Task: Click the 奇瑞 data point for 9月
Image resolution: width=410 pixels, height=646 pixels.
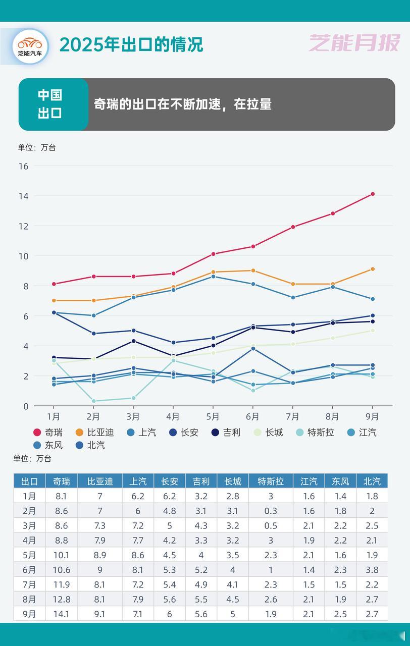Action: coord(373,194)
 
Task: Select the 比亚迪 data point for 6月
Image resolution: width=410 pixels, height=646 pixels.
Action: coord(253,271)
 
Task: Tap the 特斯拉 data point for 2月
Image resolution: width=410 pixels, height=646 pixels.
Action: coord(93,401)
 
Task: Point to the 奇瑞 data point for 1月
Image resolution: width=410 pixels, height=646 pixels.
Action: coord(54,284)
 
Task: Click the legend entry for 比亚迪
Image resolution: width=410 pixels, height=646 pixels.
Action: coord(94,433)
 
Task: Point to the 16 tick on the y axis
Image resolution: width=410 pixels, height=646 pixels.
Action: coord(23,166)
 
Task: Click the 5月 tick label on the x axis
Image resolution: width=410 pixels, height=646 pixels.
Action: coord(213,417)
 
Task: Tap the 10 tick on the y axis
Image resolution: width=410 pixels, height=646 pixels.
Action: coord(23,256)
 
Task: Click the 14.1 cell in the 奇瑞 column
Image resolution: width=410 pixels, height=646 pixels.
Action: coord(61,614)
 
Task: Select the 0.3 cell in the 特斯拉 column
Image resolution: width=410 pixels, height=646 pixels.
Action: coord(271,510)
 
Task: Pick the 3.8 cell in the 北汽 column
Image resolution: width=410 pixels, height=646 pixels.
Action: coord(372,570)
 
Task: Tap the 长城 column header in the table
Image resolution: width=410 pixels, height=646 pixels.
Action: coord(233,481)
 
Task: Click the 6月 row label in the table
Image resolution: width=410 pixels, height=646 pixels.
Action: coord(29,570)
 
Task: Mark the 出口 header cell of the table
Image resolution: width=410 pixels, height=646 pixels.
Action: coord(29,481)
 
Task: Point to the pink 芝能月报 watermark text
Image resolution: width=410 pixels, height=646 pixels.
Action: coord(354,44)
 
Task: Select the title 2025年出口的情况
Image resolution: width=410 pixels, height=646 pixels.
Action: coord(131,45)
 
